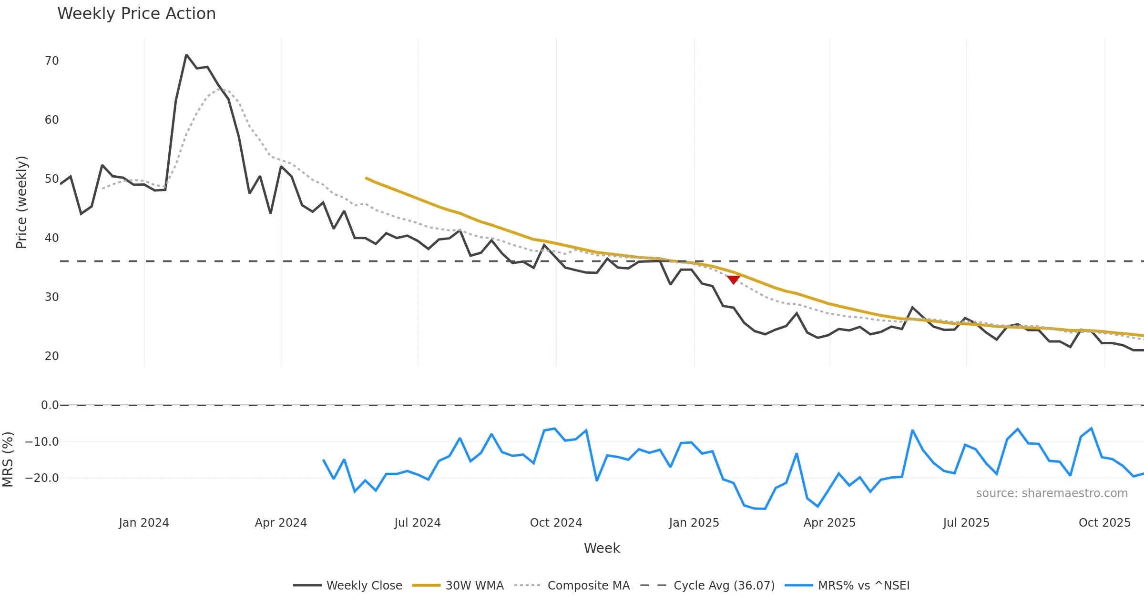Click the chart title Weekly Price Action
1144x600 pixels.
(x=136, y=14)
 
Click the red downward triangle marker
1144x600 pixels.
(x=733, y=280)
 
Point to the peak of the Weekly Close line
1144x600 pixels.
(x=186, y=55)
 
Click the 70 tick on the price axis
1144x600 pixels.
(x=51, y=61)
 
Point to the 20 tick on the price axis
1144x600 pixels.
(x=51, y=356)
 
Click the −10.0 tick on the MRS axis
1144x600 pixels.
(x=42, y=442)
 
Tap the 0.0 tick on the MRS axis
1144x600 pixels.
(x=50, y=405)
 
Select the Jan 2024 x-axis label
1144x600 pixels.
(x=144, y=523)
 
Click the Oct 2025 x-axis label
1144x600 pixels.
(x=1104, y=523)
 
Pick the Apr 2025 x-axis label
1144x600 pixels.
(x=829, y=523)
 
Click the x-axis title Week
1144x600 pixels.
(x=602, y=549)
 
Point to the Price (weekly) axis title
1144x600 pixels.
(x=21, y=202)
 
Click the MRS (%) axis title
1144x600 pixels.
(x=8, y=460)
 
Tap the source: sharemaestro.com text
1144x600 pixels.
(x=1052, y=493)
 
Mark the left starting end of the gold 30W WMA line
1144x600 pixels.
(x=366, y=178)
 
